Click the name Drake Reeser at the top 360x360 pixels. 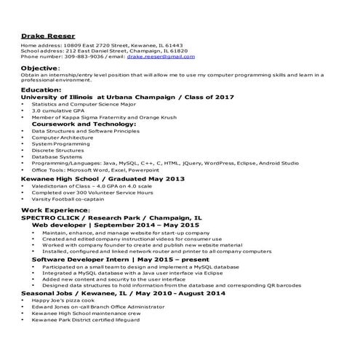(47, 35)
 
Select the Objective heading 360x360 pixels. (42, 68)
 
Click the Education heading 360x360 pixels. (41, 89)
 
